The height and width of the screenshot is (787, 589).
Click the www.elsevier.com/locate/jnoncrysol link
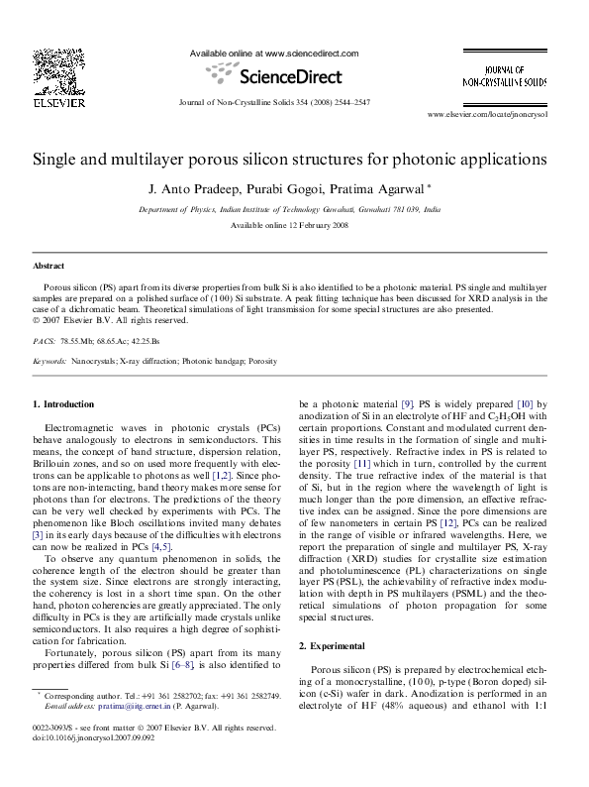point(501,116)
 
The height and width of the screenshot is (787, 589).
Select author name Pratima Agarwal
point(378,188)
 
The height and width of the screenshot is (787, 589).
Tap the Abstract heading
point(49,267)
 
